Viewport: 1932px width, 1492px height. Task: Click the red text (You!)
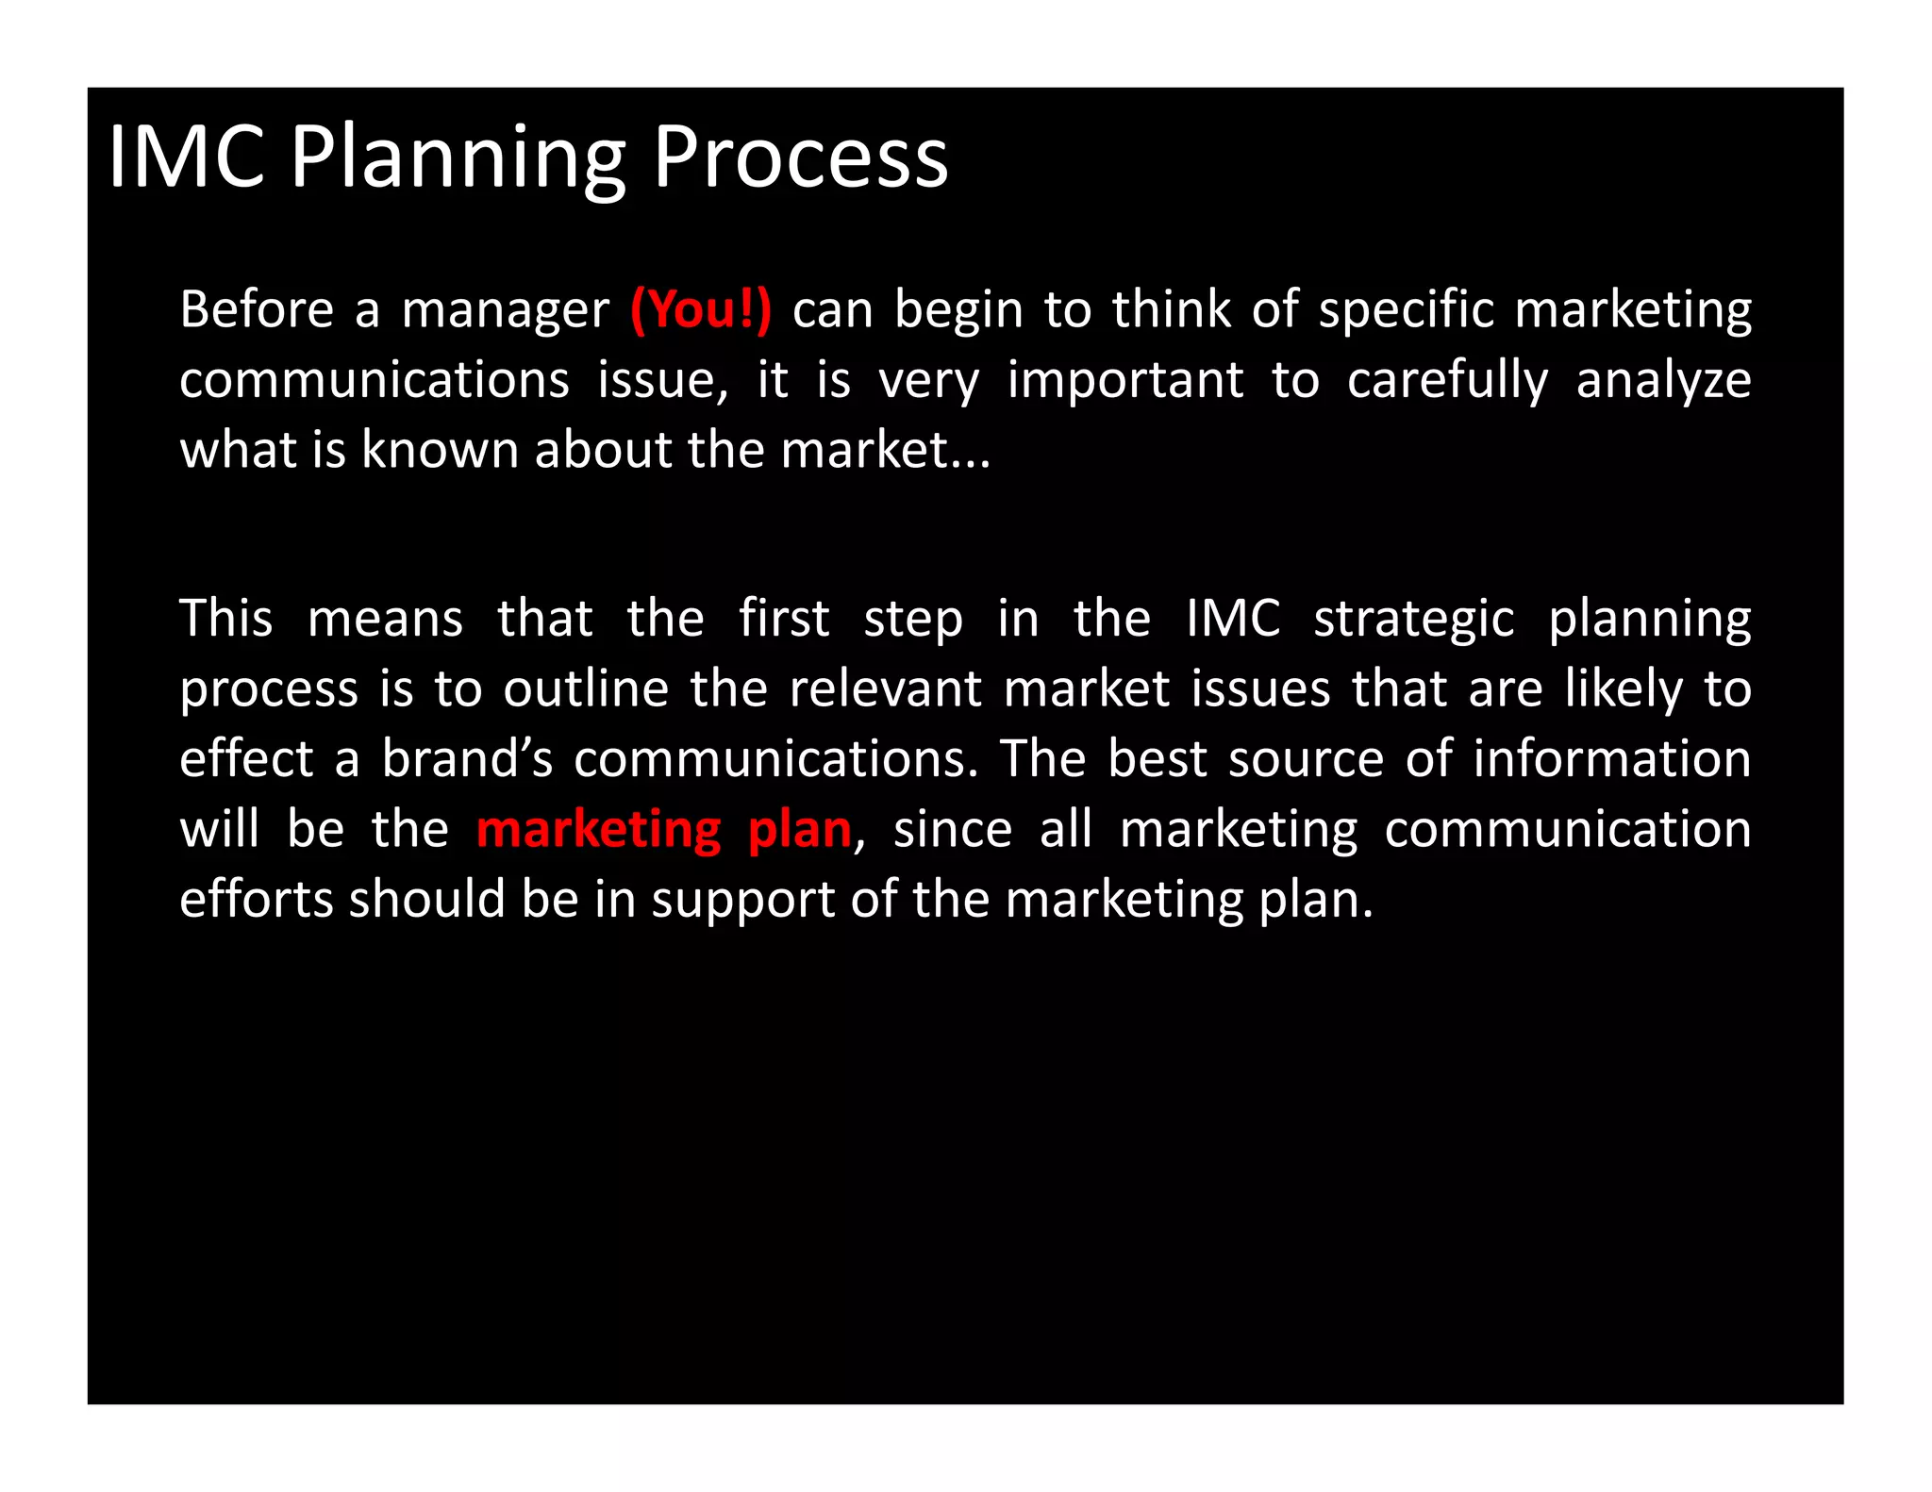click(x=700, y=309)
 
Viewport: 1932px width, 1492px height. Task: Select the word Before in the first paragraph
click(x=257, y=309)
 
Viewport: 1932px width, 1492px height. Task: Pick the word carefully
click(x=1447, y=381)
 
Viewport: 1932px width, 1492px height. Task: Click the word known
click(x=441, y=450)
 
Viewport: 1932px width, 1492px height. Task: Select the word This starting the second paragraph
click(x=225, y=619)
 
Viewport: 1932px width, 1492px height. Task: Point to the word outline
click(x=586, y=688)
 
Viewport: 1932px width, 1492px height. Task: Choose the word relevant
click(x=885, y=688)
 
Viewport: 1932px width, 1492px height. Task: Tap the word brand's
click(x=467, y=758)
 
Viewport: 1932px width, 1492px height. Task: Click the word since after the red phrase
click(x=952, y=829)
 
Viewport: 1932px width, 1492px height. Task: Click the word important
click(x=1124, y=381)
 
